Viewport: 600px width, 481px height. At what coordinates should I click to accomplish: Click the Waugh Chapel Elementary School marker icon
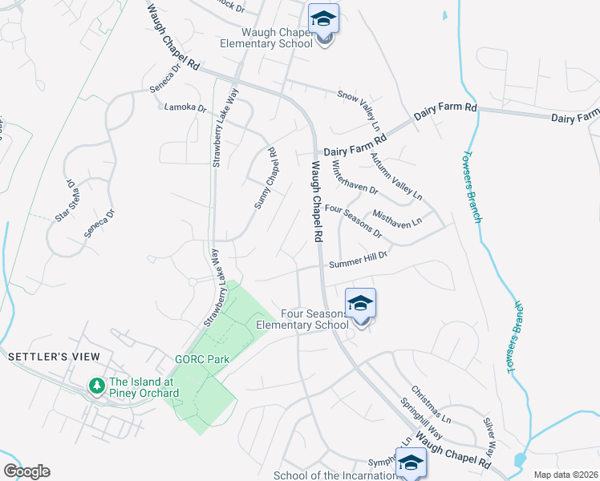[323, 20]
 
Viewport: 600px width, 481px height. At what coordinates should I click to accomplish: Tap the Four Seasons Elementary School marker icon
[361, 304]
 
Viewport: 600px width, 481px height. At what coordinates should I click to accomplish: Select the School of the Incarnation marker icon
[411, 463]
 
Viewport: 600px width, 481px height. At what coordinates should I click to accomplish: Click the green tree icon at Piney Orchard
[97, 387]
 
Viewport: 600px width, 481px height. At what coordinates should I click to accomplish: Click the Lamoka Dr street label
[184, 107]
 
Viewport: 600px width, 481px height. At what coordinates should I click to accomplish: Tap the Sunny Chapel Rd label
[266, 178]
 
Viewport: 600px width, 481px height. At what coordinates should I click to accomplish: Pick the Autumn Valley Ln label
[395, 176]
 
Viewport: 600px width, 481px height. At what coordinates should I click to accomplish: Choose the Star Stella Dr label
[65, 200]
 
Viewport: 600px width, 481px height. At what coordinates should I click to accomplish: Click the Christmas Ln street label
[432, 406]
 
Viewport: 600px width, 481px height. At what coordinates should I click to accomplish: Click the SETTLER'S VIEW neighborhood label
[54, 356]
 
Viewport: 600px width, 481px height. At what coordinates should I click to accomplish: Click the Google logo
[26, 471]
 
